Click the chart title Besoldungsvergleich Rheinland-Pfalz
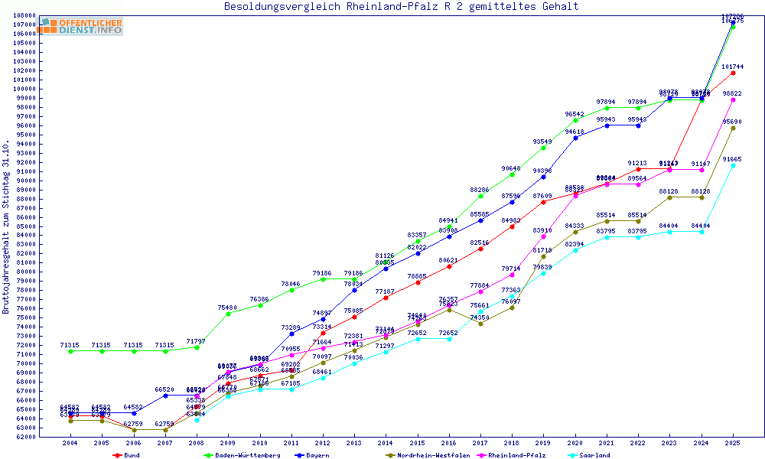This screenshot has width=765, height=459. click(401, 7)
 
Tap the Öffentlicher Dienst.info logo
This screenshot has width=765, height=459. click(81, 26)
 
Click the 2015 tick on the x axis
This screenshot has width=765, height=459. click(418, 443)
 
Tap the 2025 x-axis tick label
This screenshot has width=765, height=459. click(733, 443)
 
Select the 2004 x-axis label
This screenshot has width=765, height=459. click(70, 443)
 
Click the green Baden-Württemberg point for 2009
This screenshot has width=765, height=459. click(228, 314)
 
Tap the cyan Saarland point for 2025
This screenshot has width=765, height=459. click(733, 165)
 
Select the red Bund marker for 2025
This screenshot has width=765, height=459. click(733, 73)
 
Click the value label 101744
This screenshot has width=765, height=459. click(732, 67)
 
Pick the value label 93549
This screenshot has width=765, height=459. click(543, 142)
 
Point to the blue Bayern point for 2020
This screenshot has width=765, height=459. click(575, 138)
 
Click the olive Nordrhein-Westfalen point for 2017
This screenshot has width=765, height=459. click(480, 324)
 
